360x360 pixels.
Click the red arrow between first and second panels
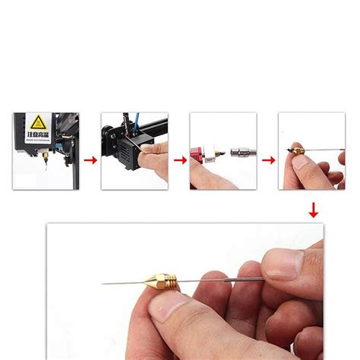coord(90,161)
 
